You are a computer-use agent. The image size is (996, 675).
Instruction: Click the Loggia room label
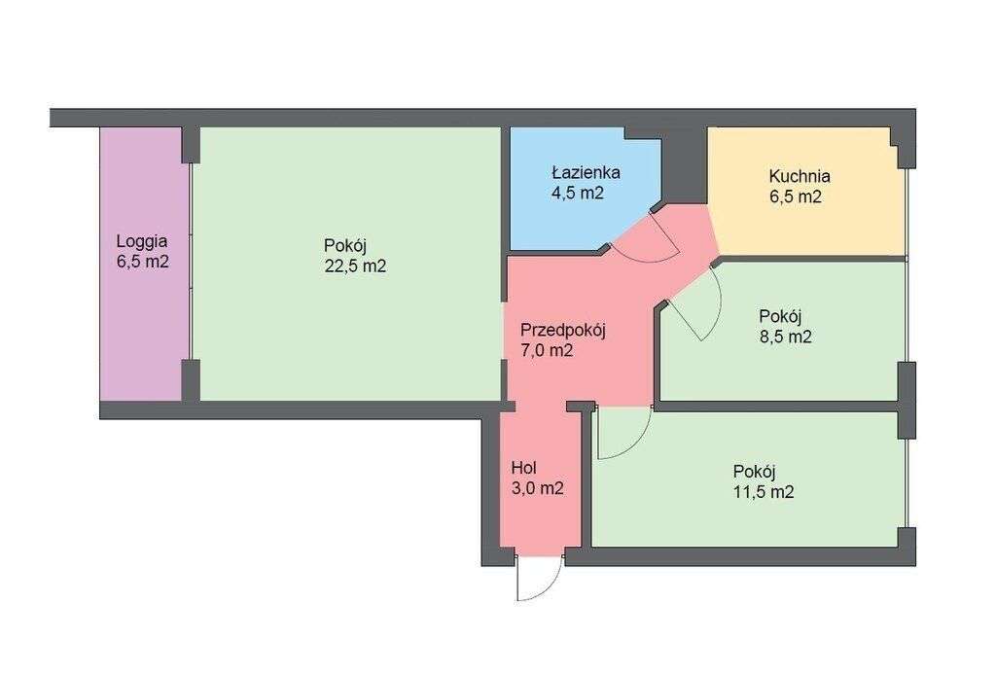[x=141, y=241]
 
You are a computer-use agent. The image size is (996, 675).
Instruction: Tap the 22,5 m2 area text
[x=356, y=266]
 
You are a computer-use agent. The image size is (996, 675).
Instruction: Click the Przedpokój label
[x=562, y=330]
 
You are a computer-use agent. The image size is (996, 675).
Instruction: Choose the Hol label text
[x=523, y=468]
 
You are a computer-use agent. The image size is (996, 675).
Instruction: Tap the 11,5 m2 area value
[x=764, y=492]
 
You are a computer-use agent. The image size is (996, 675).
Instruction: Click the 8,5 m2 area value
[x=785, y=337]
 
